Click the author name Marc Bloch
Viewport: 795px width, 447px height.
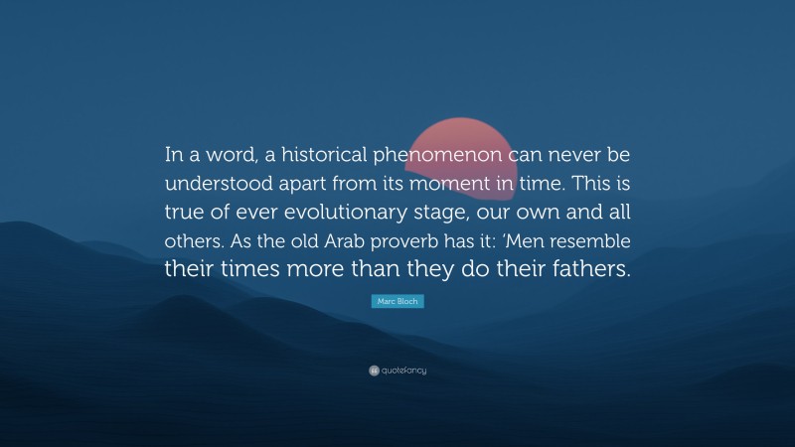(397, 301)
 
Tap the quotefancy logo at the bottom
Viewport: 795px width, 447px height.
(397, 371)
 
